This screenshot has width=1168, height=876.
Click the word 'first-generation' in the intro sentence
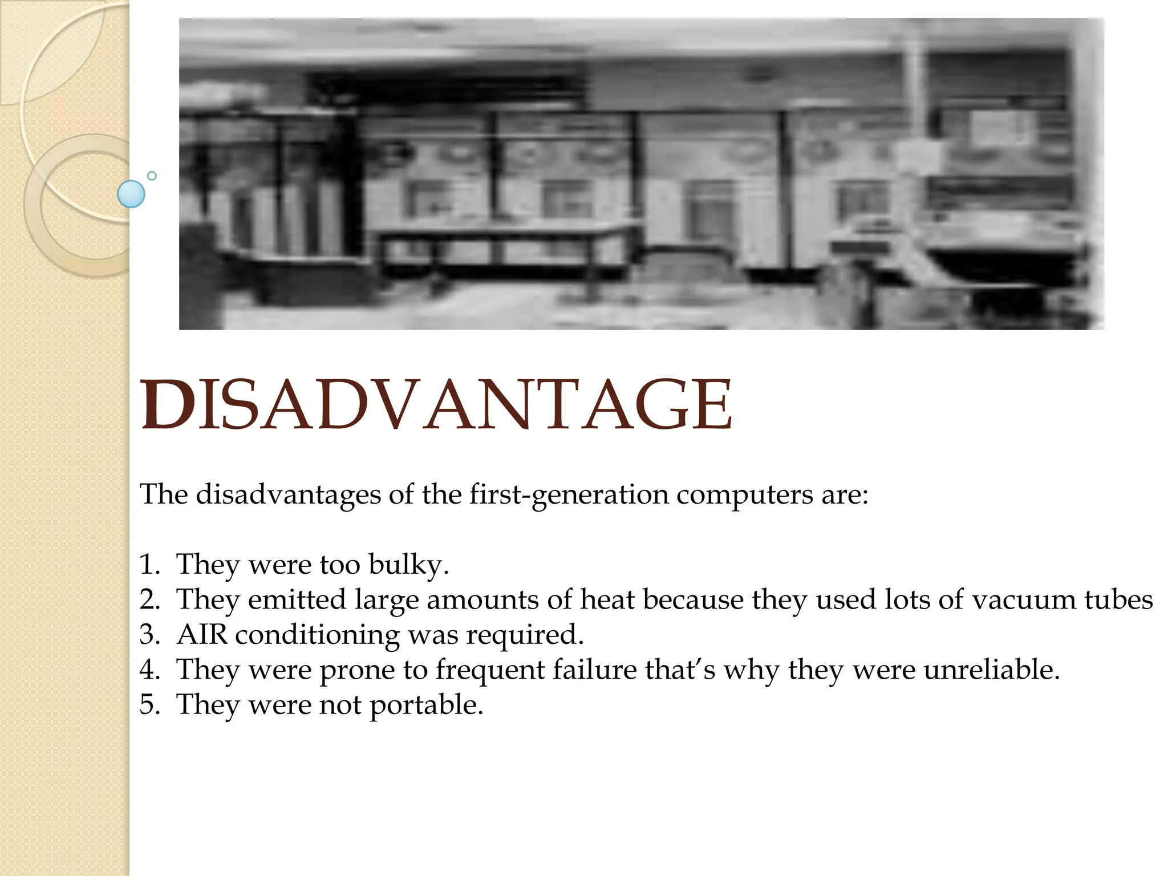pos(569,494)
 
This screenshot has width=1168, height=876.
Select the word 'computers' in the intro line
pos(744,494)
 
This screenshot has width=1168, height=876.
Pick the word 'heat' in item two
pos(607,600)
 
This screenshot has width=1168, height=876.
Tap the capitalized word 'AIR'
pos(202,635)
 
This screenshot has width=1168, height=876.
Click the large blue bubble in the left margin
pos(131,194)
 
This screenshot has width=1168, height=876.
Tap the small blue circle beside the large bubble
pos(152,176)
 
